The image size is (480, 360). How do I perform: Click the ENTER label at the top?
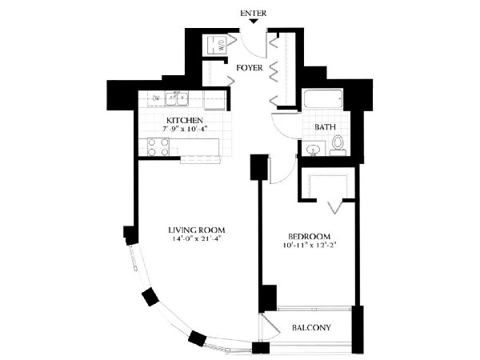click(x=253, y=14)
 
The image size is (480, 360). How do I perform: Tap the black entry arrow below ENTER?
click(x=253, y=21)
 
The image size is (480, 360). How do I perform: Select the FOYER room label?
click(x=250, y=68)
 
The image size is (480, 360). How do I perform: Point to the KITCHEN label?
click(x=184, y=120)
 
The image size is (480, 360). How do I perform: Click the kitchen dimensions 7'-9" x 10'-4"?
click(x=186, y=129)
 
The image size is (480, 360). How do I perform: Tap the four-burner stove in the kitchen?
click(x=158, y=147)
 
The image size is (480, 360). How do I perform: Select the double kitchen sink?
click(x=177, y=98)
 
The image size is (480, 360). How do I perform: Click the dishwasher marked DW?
click(x=156, y=98)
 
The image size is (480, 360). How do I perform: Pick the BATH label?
click(x=325, y=126)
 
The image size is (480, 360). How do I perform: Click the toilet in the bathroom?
click(x=338, y=146)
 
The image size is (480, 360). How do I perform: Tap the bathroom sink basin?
click(x=314, y=150)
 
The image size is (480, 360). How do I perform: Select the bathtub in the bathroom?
click(x=323, y=98)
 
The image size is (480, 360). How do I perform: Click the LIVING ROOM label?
click(x=197, y=230)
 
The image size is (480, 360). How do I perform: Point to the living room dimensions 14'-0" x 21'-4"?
click(x=197, y=238)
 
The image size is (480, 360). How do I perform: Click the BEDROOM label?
click(x=310, y=236)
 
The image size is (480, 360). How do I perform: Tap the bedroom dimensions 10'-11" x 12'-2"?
click(x=310, y=245)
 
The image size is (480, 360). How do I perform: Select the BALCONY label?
click(x=311, y=327)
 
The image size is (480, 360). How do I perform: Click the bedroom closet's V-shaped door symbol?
click(x=334, y=207)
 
